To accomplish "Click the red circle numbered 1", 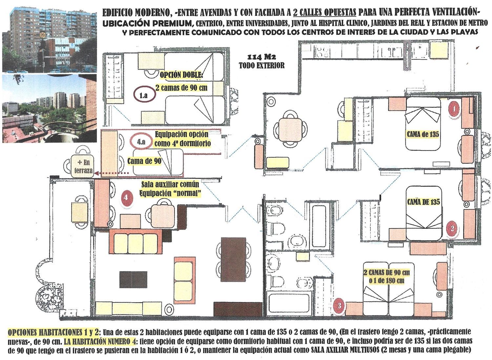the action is pyautogui.click(x=454, y=108).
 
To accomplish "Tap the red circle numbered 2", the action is pyautogui.click(x=452, y=229).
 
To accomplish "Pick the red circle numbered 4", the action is pyautogui.click(x=125, y=197).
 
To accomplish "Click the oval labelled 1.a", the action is pyautogui.click(x=145, y=95).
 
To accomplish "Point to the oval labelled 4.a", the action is pyautogui.click(x=141, y=142).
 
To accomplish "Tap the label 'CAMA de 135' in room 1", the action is pyautogui.click(x=423, y=134).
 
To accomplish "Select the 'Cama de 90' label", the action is pyautogui.click(x=144, y=161).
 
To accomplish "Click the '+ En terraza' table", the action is pyautogui.click(x=83, y=166).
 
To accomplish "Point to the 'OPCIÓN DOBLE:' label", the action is pyautogui.click(x=181, y=75).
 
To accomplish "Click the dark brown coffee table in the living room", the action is pyautogui.click(x=133, y=279).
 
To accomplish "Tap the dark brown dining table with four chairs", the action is pyautogui.click(x=233, y=259).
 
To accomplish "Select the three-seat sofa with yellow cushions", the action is pyautogui.click(x=136, y=241).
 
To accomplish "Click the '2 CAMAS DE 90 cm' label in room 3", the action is pyautogui.click(x=387, y=273).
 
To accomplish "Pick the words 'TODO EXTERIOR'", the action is pyautogui.click(x=262, y=65).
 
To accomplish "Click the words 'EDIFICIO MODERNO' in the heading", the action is pyautogui.click(x=136, y=13).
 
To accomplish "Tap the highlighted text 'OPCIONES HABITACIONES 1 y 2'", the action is pyautogui.click(x=53, y=332).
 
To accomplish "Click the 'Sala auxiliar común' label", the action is pyautogui.click(x=171, y=184).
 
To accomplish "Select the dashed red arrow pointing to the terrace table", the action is pyautogui.click(x=111, y=173).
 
